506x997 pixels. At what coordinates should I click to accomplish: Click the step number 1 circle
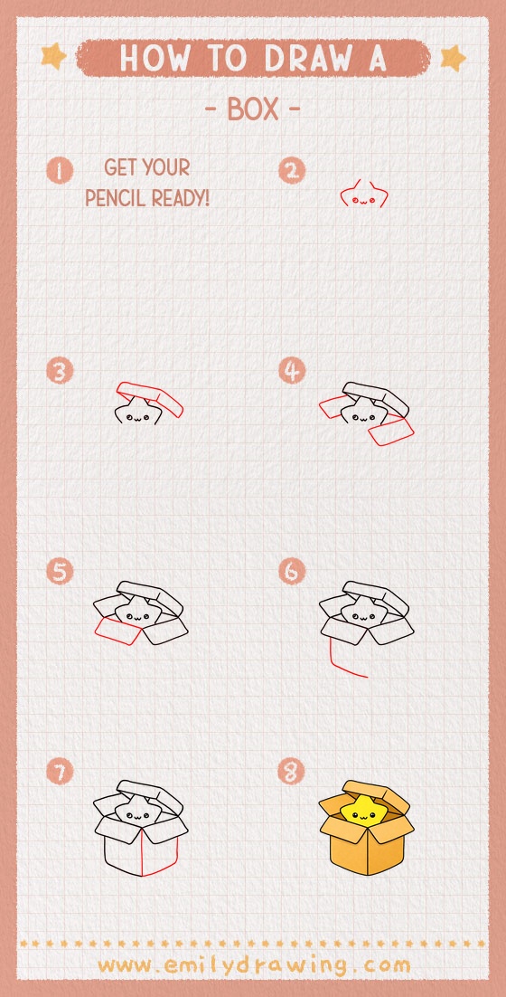pos(60,170)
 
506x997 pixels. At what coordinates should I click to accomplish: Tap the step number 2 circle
pos(292,170)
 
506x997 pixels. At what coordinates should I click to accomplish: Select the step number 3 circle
pos(60,371)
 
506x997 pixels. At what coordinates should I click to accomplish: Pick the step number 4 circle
pos(292,371)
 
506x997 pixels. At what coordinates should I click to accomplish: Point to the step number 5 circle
pos(60,572)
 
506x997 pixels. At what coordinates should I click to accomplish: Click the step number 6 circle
pos(292,572)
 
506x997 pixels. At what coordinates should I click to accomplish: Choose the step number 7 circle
pos(60,772)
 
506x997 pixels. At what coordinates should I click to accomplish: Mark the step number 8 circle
pos(292,772)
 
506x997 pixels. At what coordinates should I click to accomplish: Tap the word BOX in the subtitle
pos(253,109)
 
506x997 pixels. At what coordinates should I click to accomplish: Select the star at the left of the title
pos(53,57)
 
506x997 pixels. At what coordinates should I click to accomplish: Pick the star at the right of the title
pos(452,58)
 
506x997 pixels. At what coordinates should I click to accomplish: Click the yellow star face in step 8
pos(362,812)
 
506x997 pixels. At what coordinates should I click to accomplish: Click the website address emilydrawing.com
pos(254,964)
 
